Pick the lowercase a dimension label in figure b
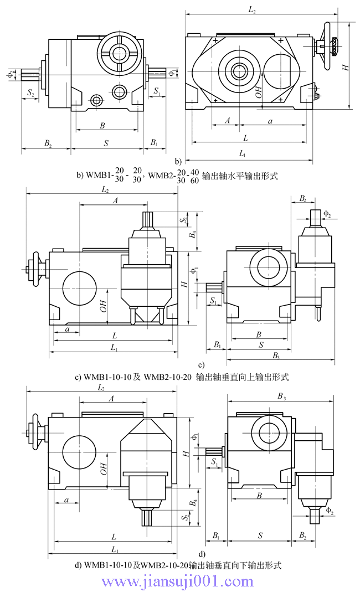coord(270,120)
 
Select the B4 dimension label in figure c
coord(192,234)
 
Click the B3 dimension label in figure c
coord(275,354)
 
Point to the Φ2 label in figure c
coord(327,213)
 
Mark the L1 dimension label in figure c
coord(114,347)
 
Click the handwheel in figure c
coord(37,270)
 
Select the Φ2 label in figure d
coord(330,509)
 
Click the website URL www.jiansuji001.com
coord(178,581)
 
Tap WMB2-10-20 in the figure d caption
coord(164,565)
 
